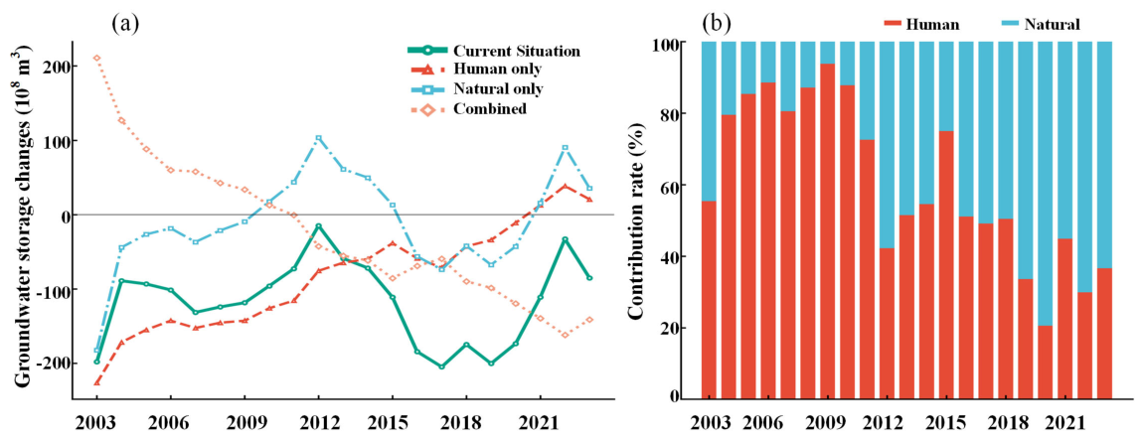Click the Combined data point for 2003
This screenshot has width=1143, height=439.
pos(97,58)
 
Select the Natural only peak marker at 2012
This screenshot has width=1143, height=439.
pos(319,138)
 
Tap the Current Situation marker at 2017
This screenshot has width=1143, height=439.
pos(441,366)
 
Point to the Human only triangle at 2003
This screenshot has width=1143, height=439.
pos(97,381)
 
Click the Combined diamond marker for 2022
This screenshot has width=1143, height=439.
pos(565,335)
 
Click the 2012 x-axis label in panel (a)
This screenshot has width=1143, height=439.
pos(319,421)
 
